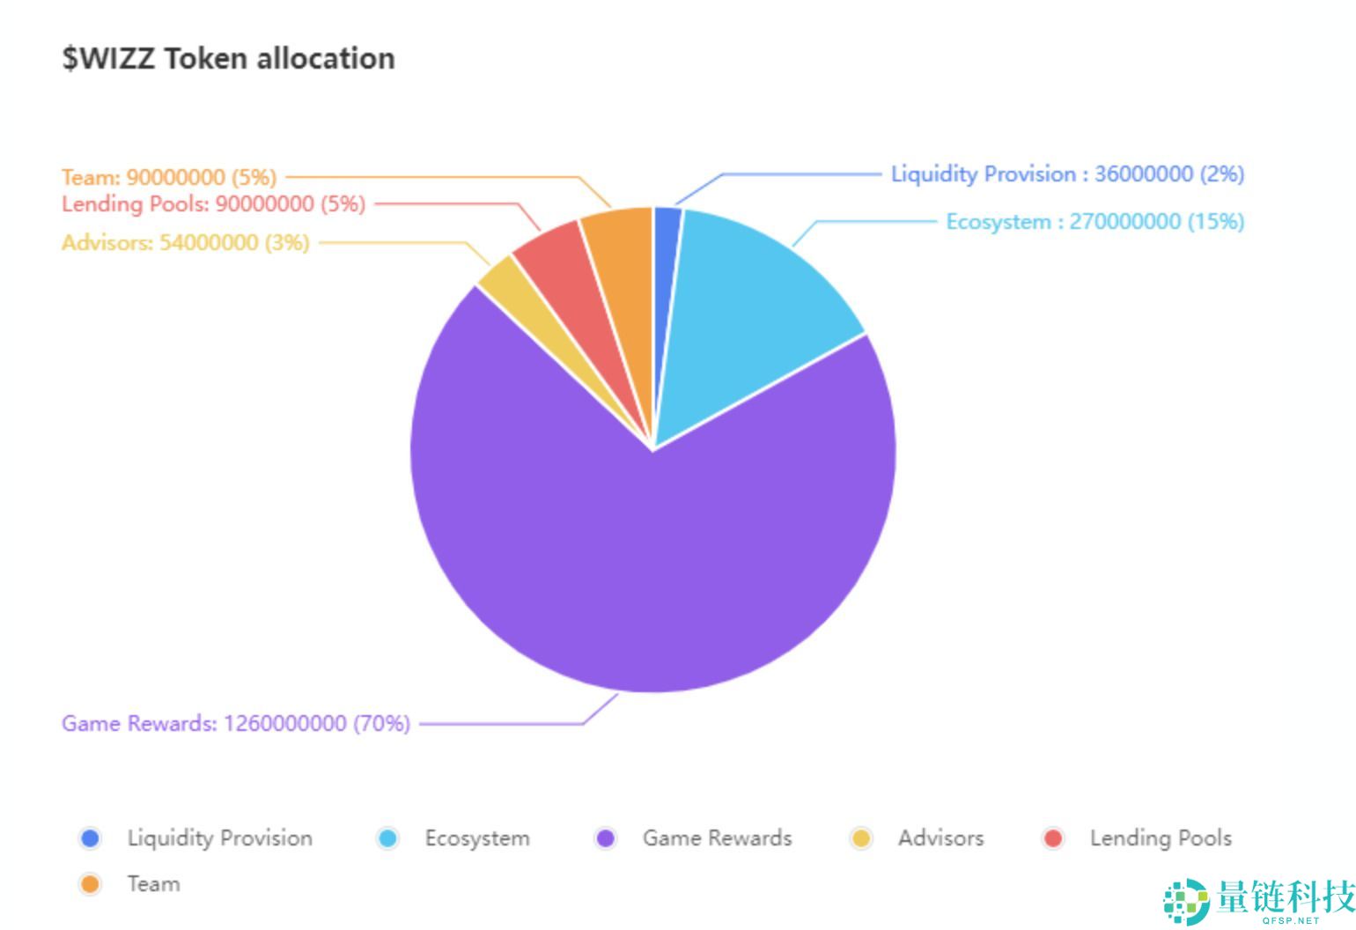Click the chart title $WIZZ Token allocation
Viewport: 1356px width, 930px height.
pyautogui.click(x=229, y=59)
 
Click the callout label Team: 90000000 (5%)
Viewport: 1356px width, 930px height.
pyautogui.click(x=169, y=177)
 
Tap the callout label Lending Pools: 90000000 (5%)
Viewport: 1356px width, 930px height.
pyautogui.click(x=214, y=204)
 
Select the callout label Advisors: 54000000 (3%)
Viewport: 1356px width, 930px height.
pyautogui.click(x=186, y=243)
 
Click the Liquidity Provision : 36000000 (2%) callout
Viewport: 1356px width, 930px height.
pyautogui.click(x=1068, y=174)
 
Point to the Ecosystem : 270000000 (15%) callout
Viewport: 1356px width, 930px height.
pyautogui.click(x=1095, y=222)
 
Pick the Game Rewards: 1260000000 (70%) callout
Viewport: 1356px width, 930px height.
pyautogui.click(x=236, y=724)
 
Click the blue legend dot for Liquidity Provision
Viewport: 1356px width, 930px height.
pyautogui.click(x=90, y=838)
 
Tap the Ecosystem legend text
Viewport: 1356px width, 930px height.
pyautogui.click(x=477, y=838)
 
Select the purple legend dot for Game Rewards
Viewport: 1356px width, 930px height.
pyautogui.click(x=606, y=838)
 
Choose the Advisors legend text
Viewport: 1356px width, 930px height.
pyautogui.click(x=940, y=838)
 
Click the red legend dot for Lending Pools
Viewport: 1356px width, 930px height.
pyautogui.click(x=1053, y=838)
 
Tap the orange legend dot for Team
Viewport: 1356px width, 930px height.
pyautogui.click(x=90, y=884)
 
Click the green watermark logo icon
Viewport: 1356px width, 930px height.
pyautogui.click(x=1186, y=902)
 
